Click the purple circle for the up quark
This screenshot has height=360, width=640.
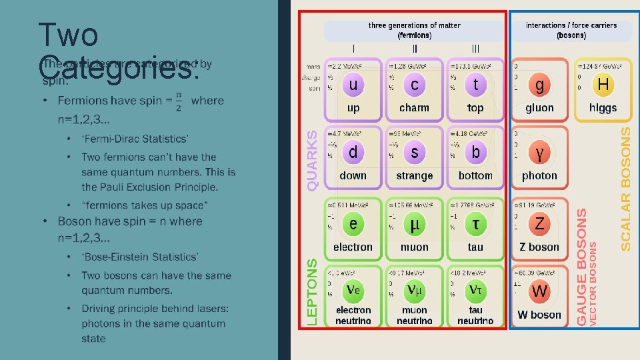tap(353, 85)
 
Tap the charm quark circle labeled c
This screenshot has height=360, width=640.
tap(415, 85)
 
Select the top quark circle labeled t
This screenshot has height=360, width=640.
tap(475, 85)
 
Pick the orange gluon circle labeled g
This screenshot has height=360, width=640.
tap(539, 85)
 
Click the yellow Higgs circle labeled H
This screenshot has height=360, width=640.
tap(603, 85)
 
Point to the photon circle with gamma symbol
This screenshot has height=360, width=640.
tap(539, 153)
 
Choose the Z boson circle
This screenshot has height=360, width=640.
tap(539, 224)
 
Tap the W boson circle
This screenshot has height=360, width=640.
tap(539, 291)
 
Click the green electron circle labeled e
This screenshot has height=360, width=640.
tap(353, 224)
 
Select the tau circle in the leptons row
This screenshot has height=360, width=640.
tap(475, 224)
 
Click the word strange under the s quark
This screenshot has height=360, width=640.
tap(415, 176)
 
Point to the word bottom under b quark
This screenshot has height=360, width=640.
tap(475, 176)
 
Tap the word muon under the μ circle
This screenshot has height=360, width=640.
tap(415, 247)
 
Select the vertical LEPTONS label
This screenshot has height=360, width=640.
tap(312, 292)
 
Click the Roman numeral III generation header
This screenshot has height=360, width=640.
tap(475, 48)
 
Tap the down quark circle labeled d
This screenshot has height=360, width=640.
tap(353, 153)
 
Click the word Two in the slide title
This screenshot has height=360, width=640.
tap(68, 34)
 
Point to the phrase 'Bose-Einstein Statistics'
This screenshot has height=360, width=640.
tap(139, 257)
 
